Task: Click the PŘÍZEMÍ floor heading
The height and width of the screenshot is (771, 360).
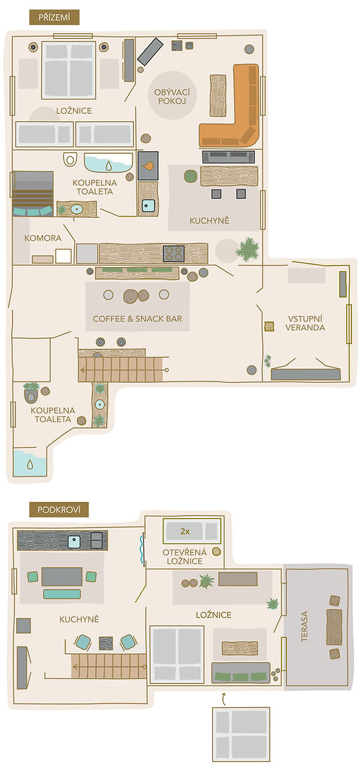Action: point(54,17)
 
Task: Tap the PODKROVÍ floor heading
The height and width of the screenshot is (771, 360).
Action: point(59,509)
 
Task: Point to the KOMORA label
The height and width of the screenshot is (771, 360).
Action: point(43,238)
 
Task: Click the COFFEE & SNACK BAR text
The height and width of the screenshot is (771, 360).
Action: point(137,319)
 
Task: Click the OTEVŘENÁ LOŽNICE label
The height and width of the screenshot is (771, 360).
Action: point(185,557)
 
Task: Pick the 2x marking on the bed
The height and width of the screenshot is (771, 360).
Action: point(185,531)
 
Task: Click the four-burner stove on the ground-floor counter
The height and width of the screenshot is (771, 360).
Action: point(173,254)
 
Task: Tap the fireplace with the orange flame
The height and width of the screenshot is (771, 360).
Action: point(148,166)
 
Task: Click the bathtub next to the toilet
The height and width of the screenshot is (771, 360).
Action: point(108,163)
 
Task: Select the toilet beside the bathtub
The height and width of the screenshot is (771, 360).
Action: point(70,159)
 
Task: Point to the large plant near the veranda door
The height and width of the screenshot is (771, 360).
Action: point(247,249)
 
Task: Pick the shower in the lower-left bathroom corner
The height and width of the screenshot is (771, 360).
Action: point(29,462)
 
